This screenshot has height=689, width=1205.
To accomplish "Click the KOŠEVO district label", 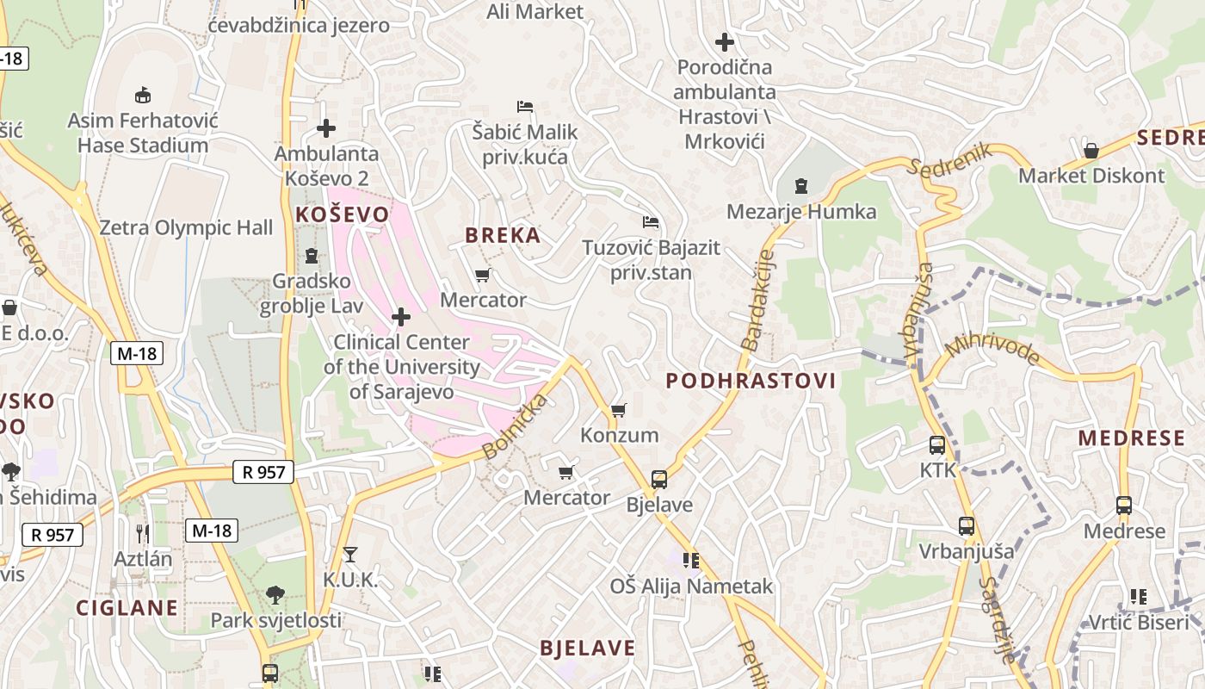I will tap(342, 214).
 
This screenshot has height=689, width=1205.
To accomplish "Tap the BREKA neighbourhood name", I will tap(503, 235).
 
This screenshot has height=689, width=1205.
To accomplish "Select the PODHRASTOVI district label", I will tap(751, 381).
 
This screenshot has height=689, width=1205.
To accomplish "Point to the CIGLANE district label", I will tap(127, 607).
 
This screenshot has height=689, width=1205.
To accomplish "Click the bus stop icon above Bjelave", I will tap(658, 480).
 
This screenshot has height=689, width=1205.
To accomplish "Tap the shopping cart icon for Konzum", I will tap(618, 410).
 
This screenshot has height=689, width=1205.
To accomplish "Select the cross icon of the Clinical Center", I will tap(400, 317).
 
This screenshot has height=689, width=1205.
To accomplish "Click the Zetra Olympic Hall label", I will tap(186, 227).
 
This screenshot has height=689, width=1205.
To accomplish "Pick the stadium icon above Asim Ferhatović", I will tap(143, 95).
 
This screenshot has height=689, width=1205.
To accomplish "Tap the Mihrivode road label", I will tap(992, 349).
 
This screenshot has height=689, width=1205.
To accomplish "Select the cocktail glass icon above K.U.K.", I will tap(349, 554).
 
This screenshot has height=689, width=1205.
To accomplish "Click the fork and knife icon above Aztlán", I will tap(142, 533).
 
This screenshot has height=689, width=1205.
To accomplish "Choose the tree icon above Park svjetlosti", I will tap(275, 594).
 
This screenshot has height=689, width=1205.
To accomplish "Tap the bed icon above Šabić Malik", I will tap(525, 107).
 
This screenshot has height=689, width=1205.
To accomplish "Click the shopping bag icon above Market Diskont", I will tap(1091, 151).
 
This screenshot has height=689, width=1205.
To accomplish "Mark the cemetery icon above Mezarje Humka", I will tap(801, 186).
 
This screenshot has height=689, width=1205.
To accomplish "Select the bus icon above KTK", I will tap(937, 445).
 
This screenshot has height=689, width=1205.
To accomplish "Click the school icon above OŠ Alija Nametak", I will tap(690, 561).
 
